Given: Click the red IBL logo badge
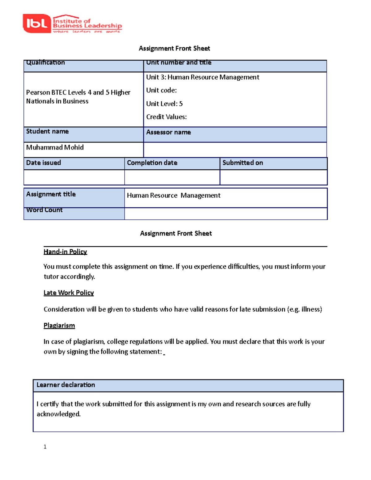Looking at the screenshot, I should pyautogui.click(x=36, y=23).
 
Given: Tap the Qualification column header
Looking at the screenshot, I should pyautogui.click(x=45, y=63).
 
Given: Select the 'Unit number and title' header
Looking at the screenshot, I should pyautogui.click(x=179, y=63).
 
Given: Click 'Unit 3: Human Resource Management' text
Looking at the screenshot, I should pyautogui.click(x=203, y=77).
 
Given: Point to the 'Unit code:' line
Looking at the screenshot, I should pyautogui.click(x=161, y=90).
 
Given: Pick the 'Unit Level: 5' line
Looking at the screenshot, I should pyautogui.click(x=164, y=104).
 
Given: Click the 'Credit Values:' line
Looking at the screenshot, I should pyautogui.click(x=166, y=117).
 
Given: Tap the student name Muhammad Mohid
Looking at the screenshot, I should pyautogui.click(x=55, y=147).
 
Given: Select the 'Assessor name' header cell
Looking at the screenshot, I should pyautogui.click(x=168, y=132).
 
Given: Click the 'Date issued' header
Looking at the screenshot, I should pyautogui.click(x=44, y=163).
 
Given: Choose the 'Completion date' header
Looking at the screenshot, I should pyautogui.click(x=152, y=163).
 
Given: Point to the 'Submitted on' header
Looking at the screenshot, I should pyautogui.click(x=243, y=163).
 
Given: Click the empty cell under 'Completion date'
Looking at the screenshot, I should pyautogui.click(x=172, y=177).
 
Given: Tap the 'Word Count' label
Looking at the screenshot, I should pyautogui.click(x=45, y=210).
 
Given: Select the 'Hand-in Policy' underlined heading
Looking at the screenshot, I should pyautogui.click(x=65, y=252).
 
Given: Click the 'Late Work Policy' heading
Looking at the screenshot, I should pyautogui.click(x=69, y=293).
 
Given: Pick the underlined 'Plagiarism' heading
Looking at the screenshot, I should pyautogui.click(x=59, y=325).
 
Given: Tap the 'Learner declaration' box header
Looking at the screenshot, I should pyautogui.click(x=66, y=385).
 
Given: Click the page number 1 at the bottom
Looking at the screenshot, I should pyautogui.click(x=45, y=447).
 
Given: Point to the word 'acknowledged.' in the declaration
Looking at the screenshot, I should pyautogui.click(x=59, y=414).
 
